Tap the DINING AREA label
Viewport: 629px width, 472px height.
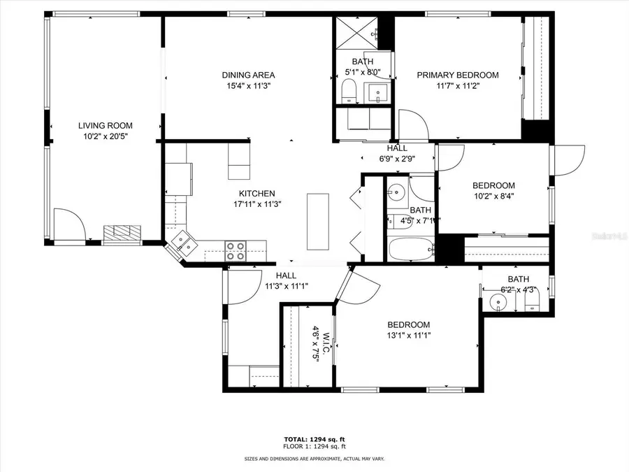[x=248, y=75]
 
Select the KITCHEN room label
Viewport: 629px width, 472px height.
[x=257, y=194]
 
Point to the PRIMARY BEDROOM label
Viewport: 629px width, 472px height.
[x=458, y=75]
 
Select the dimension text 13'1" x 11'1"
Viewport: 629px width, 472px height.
[x=409, y=335]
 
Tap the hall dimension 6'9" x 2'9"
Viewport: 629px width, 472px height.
[x=397, y=158]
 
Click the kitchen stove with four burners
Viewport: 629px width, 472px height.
[x=236, y=250]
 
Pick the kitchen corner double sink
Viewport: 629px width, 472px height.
[x=183, y=243]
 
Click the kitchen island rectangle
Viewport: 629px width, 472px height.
[x=317, y=221]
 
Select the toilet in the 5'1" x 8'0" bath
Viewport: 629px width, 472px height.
[x=348, y=90]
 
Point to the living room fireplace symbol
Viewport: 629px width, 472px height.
[x=124, y=233]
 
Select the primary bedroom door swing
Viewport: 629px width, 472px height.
[x=412, y=124]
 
